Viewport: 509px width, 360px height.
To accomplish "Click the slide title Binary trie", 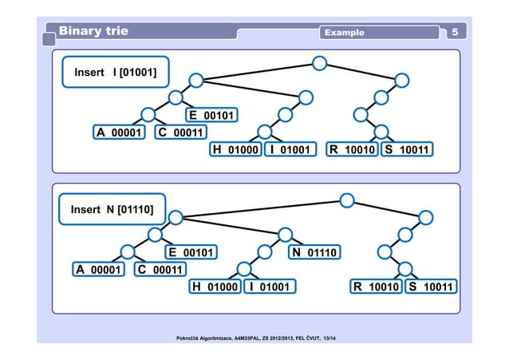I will coord(93,31).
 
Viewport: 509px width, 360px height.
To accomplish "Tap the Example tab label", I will coord(344,33).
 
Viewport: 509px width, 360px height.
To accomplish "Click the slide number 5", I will coord(454,32).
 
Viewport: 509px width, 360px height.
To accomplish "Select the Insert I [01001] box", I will coord(115,73).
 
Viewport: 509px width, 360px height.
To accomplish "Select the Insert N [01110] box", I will coord(112,210).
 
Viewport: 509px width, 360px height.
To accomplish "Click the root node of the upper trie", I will coord(319,62).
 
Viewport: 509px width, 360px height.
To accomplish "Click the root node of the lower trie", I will coord(346,200).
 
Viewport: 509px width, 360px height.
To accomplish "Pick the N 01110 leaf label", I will coord(315,253).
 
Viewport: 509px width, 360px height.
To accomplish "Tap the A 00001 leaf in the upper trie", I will coord(119,133).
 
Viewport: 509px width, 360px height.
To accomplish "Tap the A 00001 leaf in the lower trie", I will coord(98,270).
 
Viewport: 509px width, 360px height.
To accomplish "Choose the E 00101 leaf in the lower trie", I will coord(191,253).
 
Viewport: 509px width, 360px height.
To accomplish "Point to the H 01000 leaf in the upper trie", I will coord(235,149).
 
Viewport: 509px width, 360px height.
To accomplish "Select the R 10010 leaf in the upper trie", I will coord(353,149).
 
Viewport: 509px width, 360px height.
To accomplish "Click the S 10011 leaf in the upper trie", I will coord(406,149).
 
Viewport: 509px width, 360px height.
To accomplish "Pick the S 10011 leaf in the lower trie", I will coord(430,287).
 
